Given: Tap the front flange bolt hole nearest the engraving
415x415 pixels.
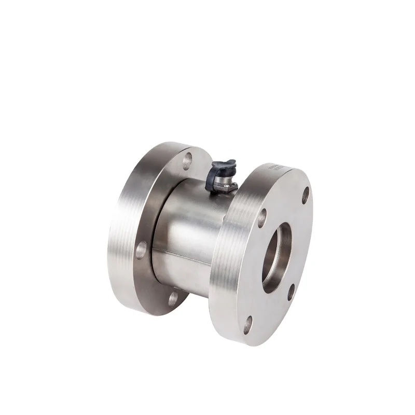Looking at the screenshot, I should [x=306, y=194].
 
